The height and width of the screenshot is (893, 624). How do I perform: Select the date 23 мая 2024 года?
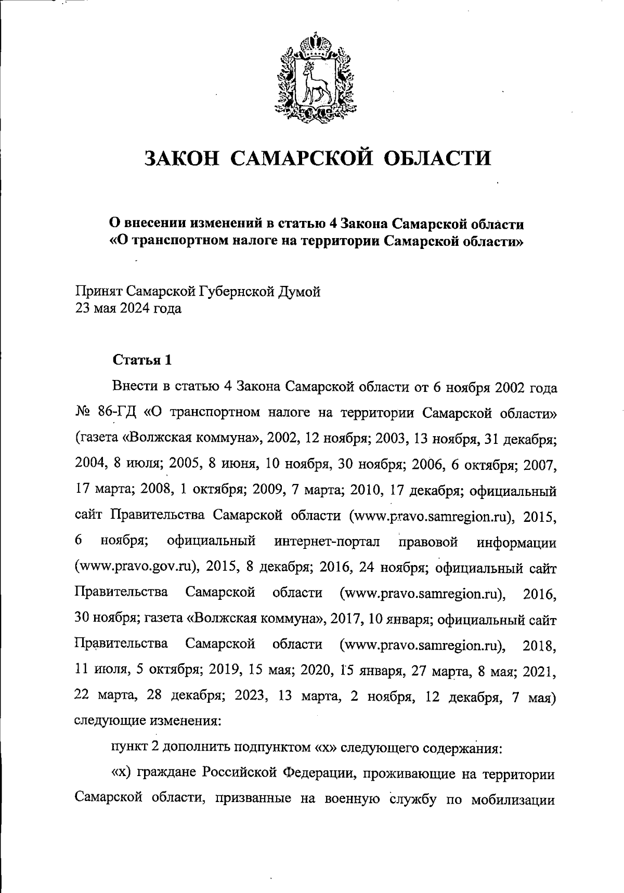(128, 309)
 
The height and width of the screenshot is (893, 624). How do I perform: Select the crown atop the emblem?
(312, 42)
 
